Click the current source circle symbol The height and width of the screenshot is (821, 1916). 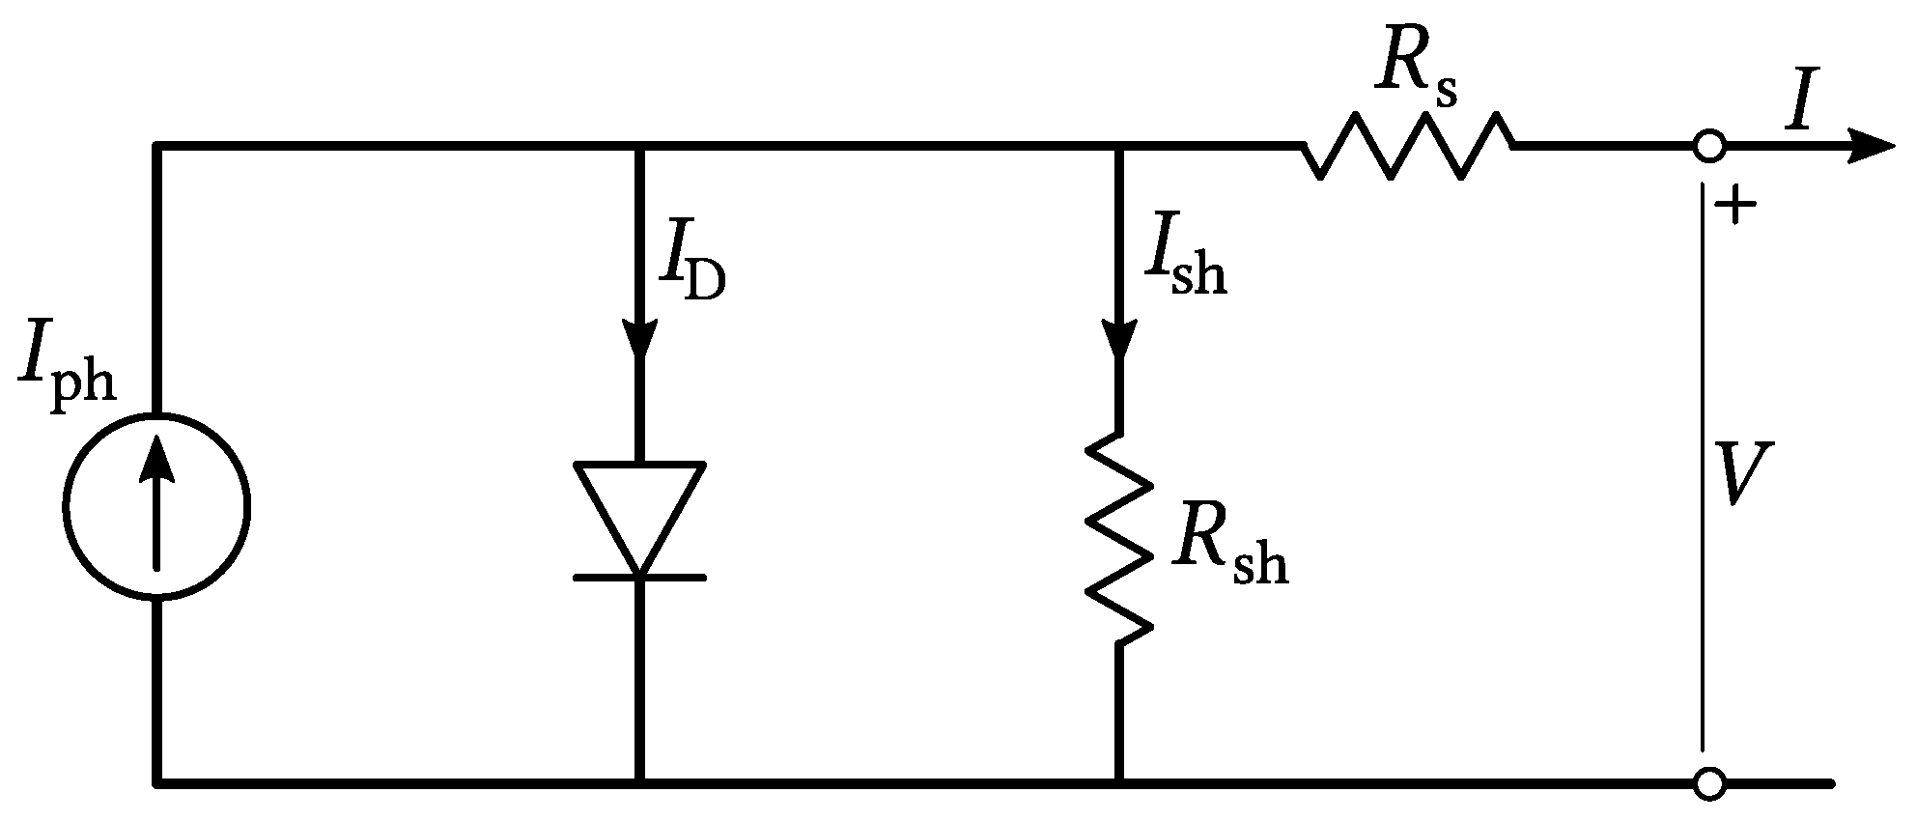156,505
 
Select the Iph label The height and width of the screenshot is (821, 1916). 66,375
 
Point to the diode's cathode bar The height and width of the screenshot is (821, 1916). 639,578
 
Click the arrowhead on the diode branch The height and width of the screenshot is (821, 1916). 639,338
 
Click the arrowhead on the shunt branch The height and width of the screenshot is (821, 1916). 1119,338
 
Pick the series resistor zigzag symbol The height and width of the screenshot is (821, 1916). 1408,146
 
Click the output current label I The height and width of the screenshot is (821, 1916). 1798,104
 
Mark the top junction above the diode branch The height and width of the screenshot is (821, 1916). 639,147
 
